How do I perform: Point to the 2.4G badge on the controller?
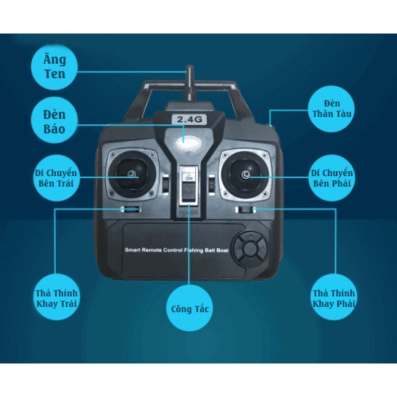(x=189, y=119)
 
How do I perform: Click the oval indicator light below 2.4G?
(x=189, y=141)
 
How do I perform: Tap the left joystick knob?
(x=132, y=174)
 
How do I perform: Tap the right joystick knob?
(x=245, y=174)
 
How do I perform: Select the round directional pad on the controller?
(x=250, y=249)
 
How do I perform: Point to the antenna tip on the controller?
(x=189, y=68)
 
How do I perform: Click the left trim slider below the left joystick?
(x=129, y=210)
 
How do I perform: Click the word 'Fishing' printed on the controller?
(x=198, y=250)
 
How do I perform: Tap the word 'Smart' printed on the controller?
(x=133, y=250)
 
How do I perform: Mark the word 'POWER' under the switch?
(x=189, y=212)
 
